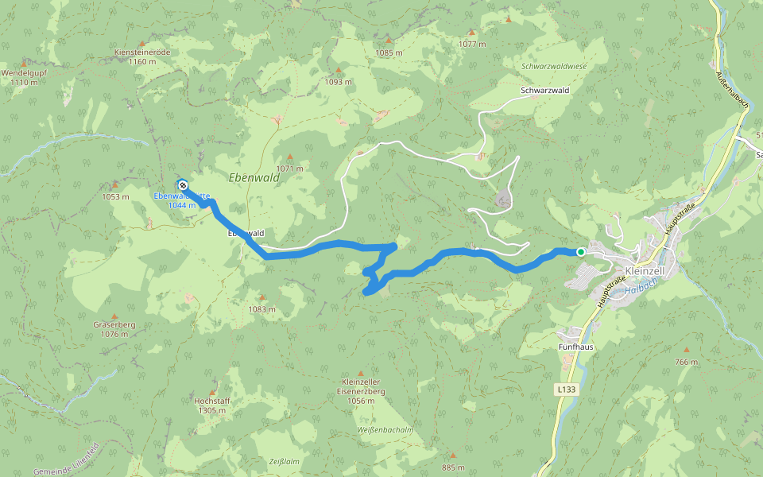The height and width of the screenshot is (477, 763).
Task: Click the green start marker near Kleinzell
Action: [x=581, y=252]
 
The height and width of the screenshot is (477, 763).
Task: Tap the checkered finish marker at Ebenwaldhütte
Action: [x=182, y=184]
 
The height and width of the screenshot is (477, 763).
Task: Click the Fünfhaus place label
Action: [x=575, y=347]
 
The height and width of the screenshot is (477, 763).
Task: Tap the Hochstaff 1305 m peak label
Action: [x=212, y=405]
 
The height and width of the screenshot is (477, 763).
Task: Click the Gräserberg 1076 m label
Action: [x=114, y=329]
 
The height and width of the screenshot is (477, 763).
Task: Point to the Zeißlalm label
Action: [x=284, y=461]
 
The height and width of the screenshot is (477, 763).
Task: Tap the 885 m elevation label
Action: [x=453, y=467]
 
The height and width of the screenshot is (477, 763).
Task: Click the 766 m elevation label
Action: [x=687, y=362]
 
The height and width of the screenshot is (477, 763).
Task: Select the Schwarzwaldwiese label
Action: [x=554, y=67]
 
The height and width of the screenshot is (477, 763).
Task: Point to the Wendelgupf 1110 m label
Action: [x=25, y=76]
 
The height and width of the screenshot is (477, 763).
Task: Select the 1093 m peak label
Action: [x=338, y=81]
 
